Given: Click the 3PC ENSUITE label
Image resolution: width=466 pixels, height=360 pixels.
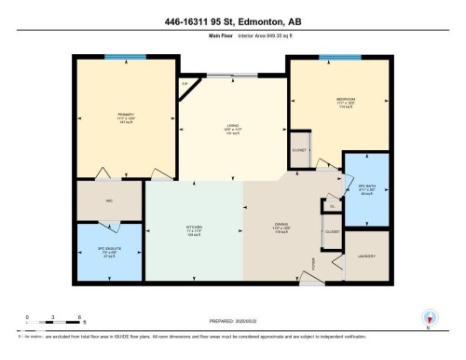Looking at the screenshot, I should [101, 250].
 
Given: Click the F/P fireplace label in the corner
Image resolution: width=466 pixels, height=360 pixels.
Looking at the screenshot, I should [185, 84].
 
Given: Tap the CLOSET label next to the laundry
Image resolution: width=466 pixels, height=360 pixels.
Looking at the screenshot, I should [333, 230].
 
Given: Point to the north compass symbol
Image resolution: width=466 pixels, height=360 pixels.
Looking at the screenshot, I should [429, 317].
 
